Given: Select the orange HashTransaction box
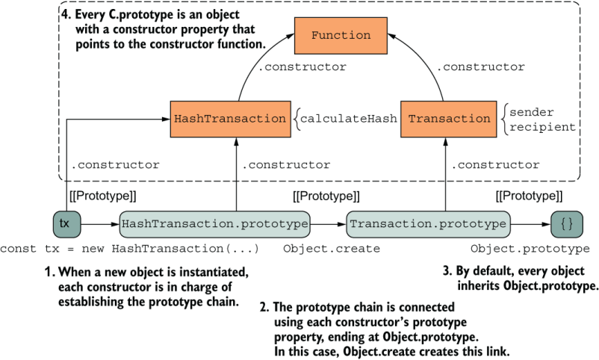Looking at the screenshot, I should click(x=229, y=118).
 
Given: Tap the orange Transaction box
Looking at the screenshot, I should click(x=450, y=118).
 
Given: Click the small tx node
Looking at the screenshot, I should click(x=65, y=223).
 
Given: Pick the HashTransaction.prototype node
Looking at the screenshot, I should click(x=214, y=223).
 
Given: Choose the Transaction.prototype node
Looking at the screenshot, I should click(x=429, y=223).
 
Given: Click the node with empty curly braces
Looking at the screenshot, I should click(x=567, y=223).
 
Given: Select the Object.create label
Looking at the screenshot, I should click(x=332, y=248).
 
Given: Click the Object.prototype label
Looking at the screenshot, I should click(x=530, y=248).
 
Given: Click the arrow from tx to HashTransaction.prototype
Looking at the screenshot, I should click(x=99, y=223).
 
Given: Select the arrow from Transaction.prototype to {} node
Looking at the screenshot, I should click(x=530, y=223).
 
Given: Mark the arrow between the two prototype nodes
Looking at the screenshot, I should click(x=328, y=223).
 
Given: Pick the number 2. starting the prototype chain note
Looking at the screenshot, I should click(x=264, y=307).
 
